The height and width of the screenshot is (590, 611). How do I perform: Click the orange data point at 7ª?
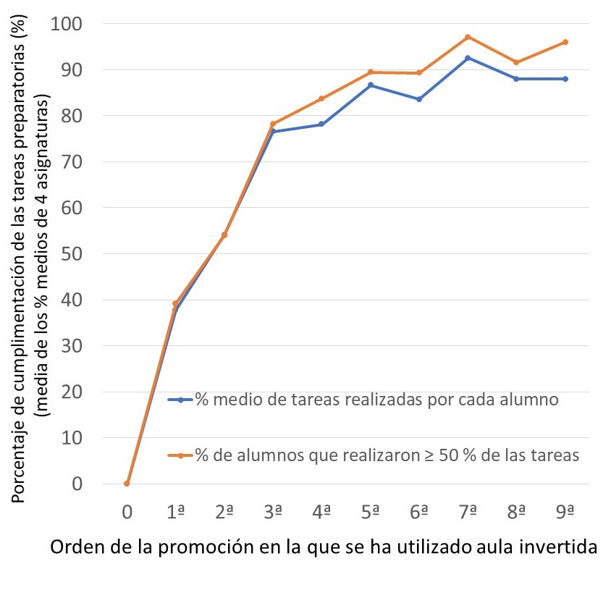468,37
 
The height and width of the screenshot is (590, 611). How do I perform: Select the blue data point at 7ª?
468,58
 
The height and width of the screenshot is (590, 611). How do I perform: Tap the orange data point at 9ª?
565,42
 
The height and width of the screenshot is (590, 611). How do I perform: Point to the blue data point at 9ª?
565,79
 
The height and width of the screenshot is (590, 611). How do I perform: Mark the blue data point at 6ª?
419,99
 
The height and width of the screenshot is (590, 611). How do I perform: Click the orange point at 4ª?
321,98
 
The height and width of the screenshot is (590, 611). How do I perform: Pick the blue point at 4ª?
321,125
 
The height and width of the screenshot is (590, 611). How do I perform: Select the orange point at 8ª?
516,62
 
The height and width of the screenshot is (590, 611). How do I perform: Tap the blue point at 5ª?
371,85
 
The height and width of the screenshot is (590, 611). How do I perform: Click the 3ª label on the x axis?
272,512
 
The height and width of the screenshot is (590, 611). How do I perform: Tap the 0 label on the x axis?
127,512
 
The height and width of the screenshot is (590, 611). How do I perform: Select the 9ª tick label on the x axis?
565,512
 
